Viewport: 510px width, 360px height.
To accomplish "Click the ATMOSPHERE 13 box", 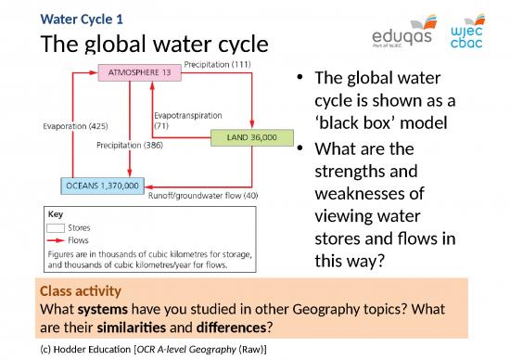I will pos(137,73).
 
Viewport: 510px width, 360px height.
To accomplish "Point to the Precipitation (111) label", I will pos(218,65).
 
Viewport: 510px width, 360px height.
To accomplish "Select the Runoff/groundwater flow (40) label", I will pos(203,195).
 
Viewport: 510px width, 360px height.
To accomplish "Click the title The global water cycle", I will pos(154,45).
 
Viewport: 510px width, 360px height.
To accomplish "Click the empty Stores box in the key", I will pos(56,225).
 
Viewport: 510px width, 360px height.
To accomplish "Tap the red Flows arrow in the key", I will pos(56,238).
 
